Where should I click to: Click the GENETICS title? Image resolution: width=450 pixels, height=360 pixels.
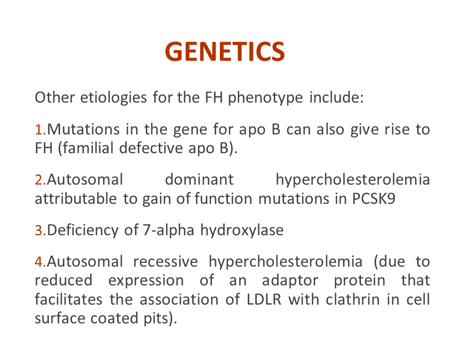click(x=225, y=52)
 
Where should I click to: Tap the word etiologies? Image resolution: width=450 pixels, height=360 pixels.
click(x=113, y=97)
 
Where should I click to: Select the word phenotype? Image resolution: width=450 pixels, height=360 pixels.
click(x=265, y=97)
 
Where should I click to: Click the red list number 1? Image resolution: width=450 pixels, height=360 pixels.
click(x=40, y=129)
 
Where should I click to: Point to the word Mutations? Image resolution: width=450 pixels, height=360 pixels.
click(x=83, y=129)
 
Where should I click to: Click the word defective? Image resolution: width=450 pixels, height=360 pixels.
click(x=151, y=148)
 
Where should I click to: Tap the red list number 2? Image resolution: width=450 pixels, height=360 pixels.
click(x=40, y=180)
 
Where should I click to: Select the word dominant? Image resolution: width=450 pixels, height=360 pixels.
click(x=200, y=180)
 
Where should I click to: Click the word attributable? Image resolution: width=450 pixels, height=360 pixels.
click(x=76, y=199)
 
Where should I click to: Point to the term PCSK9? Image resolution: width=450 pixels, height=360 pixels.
click(x=374, y=199)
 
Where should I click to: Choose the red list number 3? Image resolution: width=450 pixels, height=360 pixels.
click(x=40, y=230)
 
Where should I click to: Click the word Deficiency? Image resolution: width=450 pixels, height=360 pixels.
click(x=82, y=231)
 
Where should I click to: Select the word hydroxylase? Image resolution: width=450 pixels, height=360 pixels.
click(x=242, y=231)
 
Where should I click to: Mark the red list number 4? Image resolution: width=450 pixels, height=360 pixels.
click(x=40, y=262)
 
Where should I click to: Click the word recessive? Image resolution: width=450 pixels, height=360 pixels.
click(x=165, y=262)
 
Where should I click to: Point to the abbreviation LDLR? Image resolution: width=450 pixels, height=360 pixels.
click(x=264, y=300)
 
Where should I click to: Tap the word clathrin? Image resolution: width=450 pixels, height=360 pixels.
click(x=353, y=300)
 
